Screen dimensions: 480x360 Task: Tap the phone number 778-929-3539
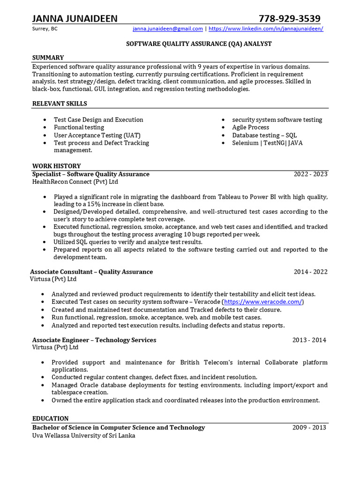point(290,18)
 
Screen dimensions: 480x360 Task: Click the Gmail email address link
point(167,29)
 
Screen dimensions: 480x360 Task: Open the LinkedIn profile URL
point(266,29)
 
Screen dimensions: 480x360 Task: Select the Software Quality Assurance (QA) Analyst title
point(199,44)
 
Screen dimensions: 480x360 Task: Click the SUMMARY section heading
point(48,58)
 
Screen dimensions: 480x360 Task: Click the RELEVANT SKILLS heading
point(60,104)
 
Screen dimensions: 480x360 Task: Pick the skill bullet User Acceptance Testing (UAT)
point(97,135)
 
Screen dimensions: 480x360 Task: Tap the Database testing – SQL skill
point(264,135)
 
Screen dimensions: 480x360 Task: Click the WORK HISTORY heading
point(56,166)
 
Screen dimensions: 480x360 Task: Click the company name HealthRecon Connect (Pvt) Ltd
point(75,181)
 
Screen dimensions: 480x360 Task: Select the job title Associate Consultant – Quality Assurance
point(91,271)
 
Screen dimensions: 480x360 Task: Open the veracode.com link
point(262,302)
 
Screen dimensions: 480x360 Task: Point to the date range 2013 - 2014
point(309,340)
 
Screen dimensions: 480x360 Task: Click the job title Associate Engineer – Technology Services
point(94,340)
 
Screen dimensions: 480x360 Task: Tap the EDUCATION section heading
point(50,418)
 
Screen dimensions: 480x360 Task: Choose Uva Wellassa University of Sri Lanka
point(83,435)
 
